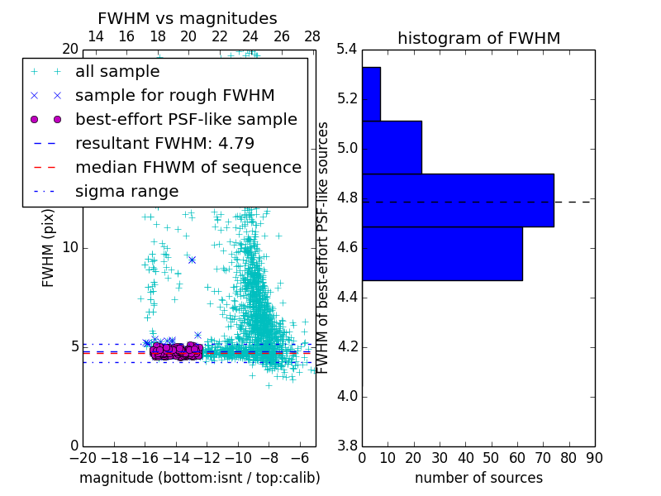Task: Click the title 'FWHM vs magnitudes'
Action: [x=188, y=18]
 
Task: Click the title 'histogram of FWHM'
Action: [x=478, y=38]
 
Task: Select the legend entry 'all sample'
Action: [x=117, y=72]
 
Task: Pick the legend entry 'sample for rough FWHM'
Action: [x=174, y=95]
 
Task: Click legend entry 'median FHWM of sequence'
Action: [x=188, y=167]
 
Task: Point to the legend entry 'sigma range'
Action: [x=126, y=191]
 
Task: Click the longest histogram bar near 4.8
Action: [x=458, y=200]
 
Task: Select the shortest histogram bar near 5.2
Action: [x=371, y=93]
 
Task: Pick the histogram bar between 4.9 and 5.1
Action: [x=392, y=147]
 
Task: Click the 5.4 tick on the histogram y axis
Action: [x=347, y=50]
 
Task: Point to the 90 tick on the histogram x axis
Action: [x=594, y=457]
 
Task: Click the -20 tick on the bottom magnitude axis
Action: [x=83, y=457]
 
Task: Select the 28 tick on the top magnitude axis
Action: [x=312, y=36]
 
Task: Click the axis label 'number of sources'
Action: [x=478, y=478]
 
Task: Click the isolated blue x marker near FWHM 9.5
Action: [x=192, y=260]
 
